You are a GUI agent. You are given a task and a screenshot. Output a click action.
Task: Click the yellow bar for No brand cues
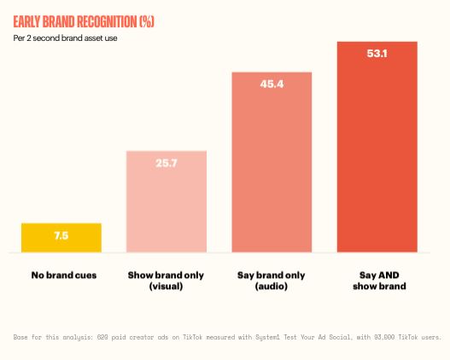pyautogui.click(x=61, y=238)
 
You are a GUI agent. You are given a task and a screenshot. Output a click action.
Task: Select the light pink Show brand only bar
pyautogui.click(x=167, y=201)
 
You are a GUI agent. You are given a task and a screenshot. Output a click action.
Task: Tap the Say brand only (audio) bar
pyautogui.click(x=272, y=162)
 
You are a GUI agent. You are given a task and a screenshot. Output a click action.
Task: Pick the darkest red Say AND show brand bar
pyautogui.click(x=377, y=147)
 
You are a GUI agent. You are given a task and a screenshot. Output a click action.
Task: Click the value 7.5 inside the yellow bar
pyautogui.click(x=61, y=235)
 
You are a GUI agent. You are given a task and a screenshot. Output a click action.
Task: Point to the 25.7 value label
pyautogui.click(x=167, y=163)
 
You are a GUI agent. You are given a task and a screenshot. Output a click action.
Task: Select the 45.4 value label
pyautogui.click(x=272, y=84)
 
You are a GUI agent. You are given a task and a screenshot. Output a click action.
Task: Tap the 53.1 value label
pyautogui.click(x=377, y=54)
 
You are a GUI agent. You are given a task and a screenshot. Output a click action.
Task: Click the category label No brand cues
pyautogui.click(x=64, y=276)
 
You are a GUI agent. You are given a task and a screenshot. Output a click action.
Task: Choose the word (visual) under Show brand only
pyautogui.click(x=166, y=286)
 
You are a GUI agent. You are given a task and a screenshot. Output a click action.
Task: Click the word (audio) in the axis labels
pyautogui.click(x=272, y=286)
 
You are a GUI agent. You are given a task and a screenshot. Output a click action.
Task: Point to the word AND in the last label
pyautogui.click(x=389, y=276)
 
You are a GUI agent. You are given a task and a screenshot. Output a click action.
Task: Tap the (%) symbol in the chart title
pyautogui.click(x=147, y=22)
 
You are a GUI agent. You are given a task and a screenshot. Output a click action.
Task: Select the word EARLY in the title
pyautogui.click(x=26, y=22)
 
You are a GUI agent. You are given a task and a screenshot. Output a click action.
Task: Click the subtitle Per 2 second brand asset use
pyautogui.click(x=65, y=38)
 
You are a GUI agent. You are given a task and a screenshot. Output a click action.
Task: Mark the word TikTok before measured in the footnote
pyautogui.click(x=192, y=337)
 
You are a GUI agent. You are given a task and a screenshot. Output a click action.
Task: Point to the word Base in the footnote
pyautogui.click(x=20, y=337)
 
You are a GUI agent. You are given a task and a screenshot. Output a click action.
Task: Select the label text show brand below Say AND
pyautogui.click(x=379, y=286)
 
